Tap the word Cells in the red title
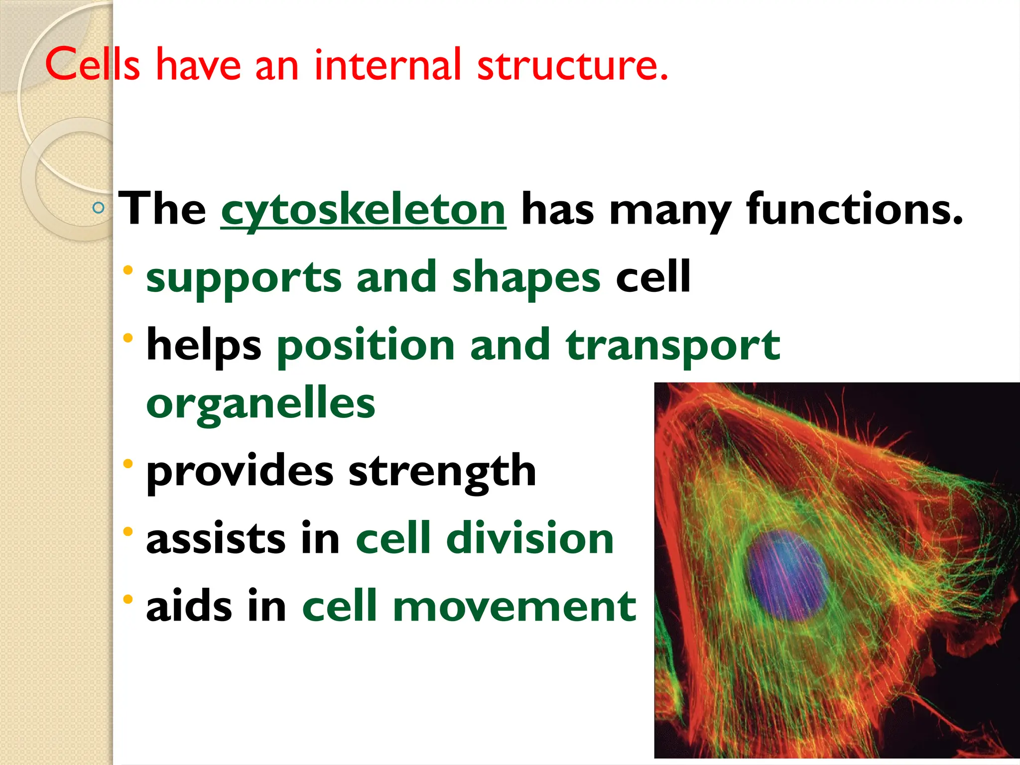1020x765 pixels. coord(93,65)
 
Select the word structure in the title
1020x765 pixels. coord(572,65)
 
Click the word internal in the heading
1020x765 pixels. coord(387,65)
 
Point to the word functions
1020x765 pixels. coord(854,209)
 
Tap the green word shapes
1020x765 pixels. coord(526,278)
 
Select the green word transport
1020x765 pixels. coord(673,346)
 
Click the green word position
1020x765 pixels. coord(366,346)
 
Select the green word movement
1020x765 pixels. coord(514,607)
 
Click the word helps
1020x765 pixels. coord(204,346)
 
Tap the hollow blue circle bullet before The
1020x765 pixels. coord(99,208)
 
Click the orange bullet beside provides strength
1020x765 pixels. coord(128,464)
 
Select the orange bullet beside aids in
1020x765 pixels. coord(128,599)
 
